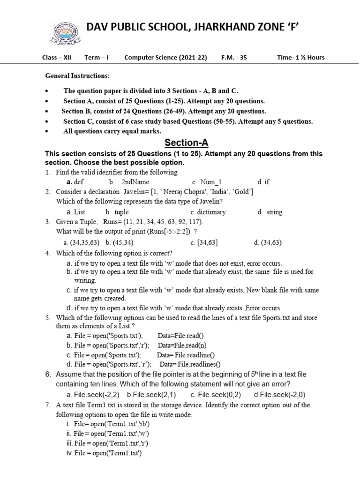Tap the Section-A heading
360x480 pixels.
pos(186,142)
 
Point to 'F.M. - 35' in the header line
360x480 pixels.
pos(234,58)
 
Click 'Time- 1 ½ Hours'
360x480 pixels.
pos(300,58)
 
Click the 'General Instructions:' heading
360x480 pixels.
pos(77,75)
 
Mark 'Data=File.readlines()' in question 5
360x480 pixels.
pos(190,364)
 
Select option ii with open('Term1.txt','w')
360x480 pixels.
pos(109,434)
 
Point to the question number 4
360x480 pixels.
pos(48,253)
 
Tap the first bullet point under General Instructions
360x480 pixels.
pos(47,91)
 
